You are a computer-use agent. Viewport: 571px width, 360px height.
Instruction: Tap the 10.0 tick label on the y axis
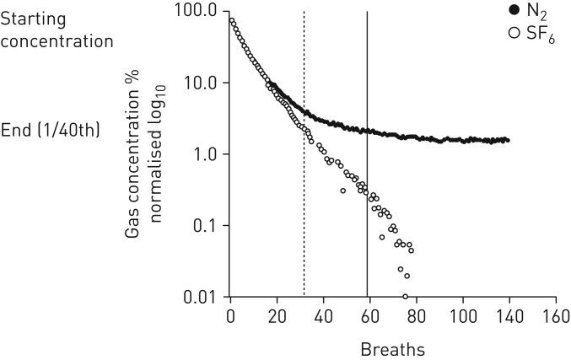[x=200, y=83]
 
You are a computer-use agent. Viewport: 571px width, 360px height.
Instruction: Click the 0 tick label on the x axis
[x=230, y=317]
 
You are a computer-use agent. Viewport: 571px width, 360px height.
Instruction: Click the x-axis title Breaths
[x=391, y=348]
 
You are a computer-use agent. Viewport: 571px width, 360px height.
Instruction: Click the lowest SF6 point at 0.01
[x=406, y=297]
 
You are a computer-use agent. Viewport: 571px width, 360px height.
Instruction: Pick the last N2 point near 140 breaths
[x=507, y=140]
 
